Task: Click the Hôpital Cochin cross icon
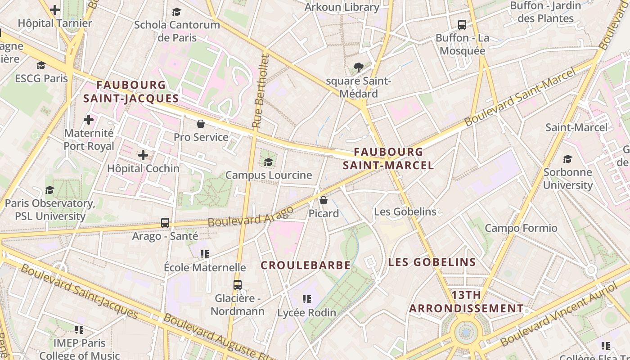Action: (143, 156)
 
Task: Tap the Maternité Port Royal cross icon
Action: (89, 120)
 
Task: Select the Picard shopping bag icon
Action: (323, 200)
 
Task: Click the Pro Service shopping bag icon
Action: (201, 124)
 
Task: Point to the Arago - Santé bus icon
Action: (165, 223)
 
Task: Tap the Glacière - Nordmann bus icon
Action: (238, 285)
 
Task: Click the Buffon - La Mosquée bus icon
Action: (462, 25)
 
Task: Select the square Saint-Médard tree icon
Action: (359, 68)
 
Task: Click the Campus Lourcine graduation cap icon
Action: (269, 162)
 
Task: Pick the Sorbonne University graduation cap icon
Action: (567, 159)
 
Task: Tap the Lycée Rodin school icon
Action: (307, 299)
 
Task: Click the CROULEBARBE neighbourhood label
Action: (306, 265)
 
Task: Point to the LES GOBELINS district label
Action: (432, 262)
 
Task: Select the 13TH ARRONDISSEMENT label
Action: (466, 302)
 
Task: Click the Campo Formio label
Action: (521, 228)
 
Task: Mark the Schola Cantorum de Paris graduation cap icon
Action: (177, 12)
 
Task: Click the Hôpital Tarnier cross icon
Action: (55, 10)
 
